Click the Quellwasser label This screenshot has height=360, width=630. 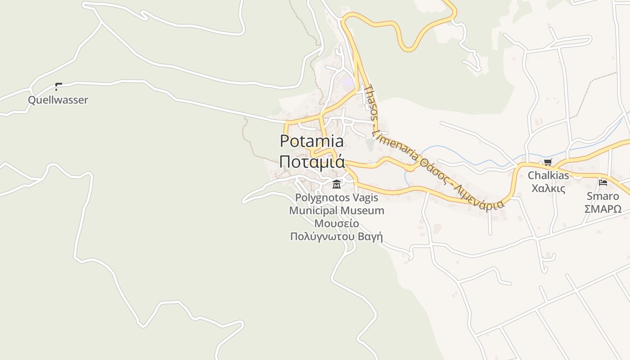[58, 100]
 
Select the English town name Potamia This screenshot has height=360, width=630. [312, 141]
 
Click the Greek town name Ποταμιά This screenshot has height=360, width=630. [312, 162]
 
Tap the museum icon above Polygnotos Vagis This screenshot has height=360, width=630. [336, 184]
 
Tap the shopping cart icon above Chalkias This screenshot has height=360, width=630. [548, 162]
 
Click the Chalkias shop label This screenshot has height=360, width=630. [548, 175]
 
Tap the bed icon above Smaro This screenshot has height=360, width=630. [603, 183]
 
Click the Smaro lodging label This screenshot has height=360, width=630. [603, 196]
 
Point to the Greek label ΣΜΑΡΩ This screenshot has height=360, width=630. [603, 209]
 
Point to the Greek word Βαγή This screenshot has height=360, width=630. [371, 237]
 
